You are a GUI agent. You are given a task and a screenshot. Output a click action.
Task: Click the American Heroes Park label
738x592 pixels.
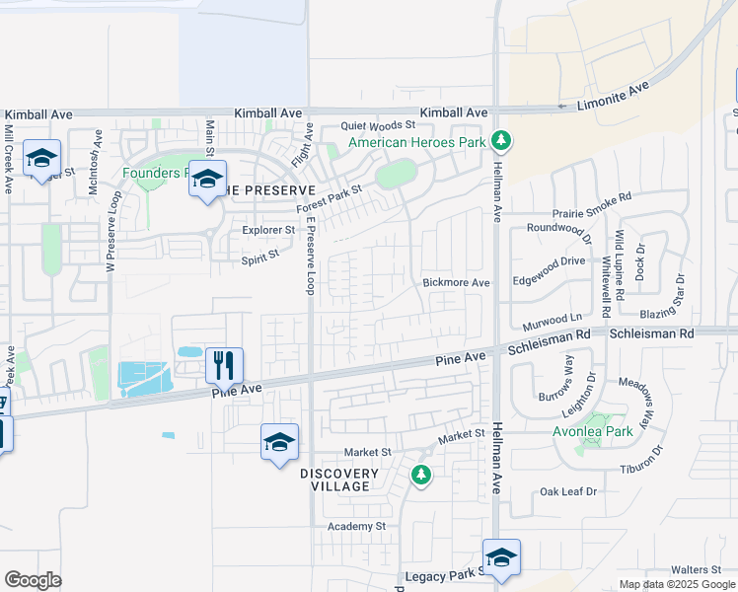point(417,143)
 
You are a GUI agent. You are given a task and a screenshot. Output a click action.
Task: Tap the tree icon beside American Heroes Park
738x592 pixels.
point(501,142)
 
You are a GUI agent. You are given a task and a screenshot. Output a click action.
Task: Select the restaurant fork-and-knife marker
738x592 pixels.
point(225,365)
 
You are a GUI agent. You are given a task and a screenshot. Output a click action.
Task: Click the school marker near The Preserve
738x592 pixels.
point(207,180)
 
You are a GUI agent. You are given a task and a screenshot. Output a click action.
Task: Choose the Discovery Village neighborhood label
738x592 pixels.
point(339,481)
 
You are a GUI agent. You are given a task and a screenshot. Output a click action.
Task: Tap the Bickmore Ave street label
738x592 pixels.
point(456,283)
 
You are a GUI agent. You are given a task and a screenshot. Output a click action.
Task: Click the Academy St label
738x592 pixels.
point(356,527)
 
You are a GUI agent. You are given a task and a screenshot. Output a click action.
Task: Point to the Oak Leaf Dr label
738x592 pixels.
point(568,491)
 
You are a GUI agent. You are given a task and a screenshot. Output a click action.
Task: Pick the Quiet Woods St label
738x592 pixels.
point(379,126)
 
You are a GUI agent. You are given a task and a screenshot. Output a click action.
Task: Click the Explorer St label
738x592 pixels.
point(268,230)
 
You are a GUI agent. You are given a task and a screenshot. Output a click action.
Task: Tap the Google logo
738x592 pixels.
point(33,580)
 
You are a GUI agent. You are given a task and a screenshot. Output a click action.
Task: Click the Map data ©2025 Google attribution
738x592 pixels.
point(677,584)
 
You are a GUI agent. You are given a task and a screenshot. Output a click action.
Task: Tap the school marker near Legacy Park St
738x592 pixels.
point(501,556)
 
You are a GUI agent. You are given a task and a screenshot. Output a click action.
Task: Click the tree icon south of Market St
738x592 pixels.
point(421,476)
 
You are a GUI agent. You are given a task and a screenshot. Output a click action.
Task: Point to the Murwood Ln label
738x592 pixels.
point(552,320)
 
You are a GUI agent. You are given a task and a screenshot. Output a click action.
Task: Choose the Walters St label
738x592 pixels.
point(697,569)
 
